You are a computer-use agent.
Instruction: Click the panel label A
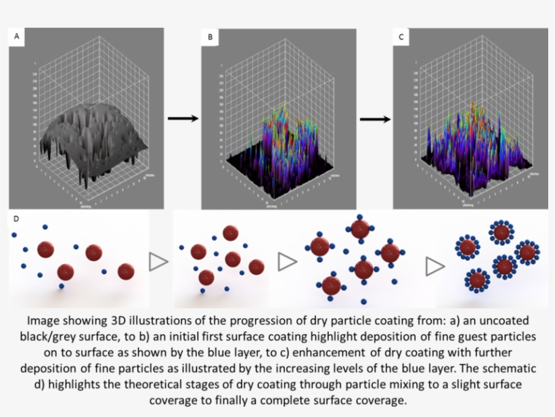coord(17,37)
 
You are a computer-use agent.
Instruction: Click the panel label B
coord(210,37)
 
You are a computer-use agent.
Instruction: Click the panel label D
coord(16,219)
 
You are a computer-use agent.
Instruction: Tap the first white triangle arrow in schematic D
coord(158,262)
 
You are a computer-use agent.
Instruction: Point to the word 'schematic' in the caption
coord(506,369)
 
